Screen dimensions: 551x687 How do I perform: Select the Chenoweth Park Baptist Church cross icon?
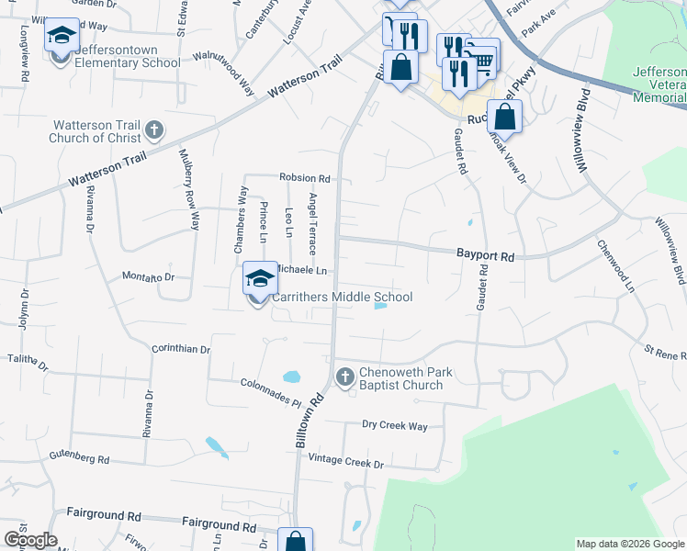[x=345, y=377]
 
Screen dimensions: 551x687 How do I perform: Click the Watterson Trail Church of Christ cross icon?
[x=154, y=130]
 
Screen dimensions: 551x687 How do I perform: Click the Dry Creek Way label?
[x=395, y=426]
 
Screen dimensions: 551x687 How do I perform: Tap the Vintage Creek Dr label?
[x=345, y=462]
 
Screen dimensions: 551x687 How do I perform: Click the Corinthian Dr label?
[x=182, y=350]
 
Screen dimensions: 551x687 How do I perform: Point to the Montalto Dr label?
[x=149, y=276]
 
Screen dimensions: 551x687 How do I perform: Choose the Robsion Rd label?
[x=305, y=178]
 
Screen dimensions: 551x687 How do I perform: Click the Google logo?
[x=29, y=540]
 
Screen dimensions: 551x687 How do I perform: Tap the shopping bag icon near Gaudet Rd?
[x=504, y=117]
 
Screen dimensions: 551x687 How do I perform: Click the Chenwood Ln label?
[x=616, y=266]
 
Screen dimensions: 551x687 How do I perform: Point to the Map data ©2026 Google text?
[x=629, y=544]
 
